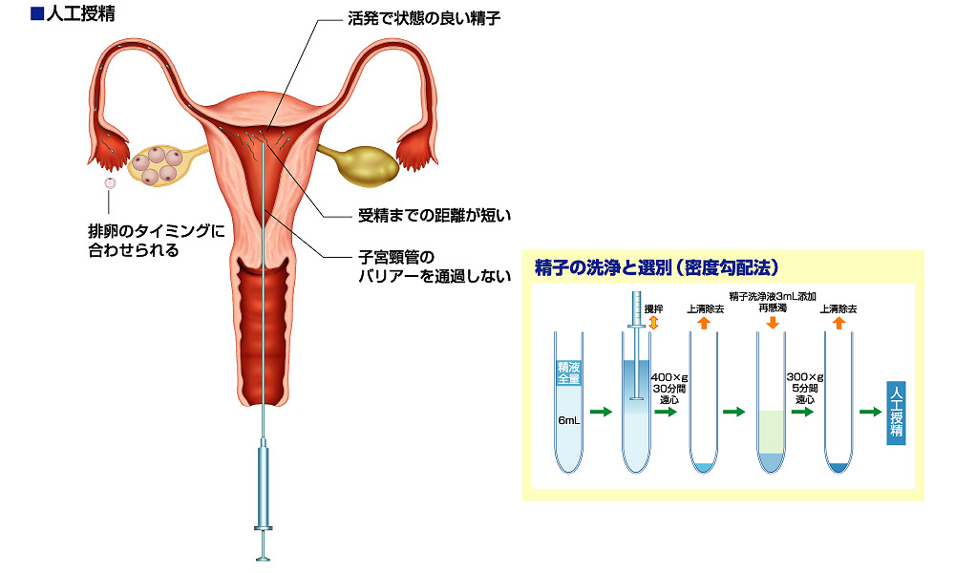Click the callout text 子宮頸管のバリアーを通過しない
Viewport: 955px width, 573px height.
(428, 266)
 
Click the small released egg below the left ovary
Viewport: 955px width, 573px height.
(110, 182)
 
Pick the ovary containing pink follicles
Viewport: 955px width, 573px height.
(159, 163)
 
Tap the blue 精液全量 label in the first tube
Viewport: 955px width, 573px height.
(569, 372)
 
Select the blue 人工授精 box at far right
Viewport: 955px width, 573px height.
(895, 411)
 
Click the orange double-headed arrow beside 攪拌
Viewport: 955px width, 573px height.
(654, 324)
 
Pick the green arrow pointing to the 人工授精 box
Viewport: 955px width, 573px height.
(870, 412)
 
